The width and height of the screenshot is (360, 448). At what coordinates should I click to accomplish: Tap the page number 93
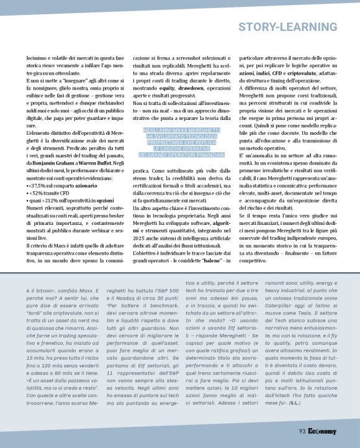(x=302, y=432)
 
